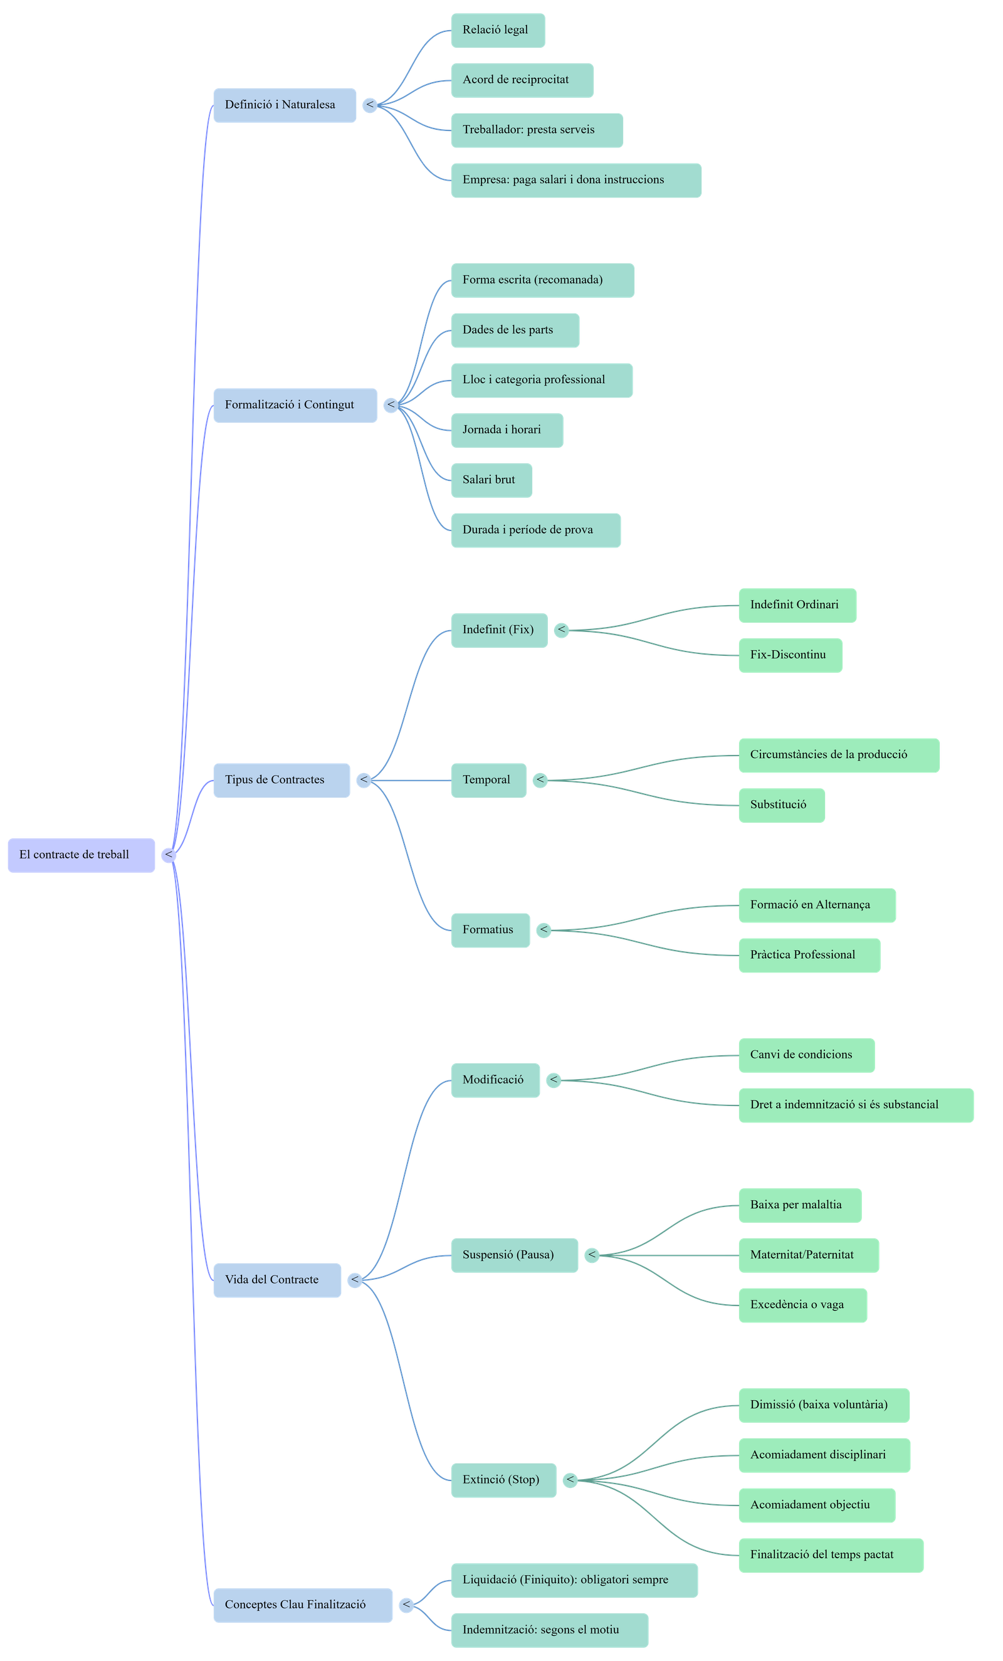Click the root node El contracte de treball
[81, 855]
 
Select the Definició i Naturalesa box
[285, 105]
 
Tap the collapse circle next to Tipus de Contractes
[364, 780]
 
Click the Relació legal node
[498, 30]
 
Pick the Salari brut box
[491, 480]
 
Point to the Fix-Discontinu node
[790, 655]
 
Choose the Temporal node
[488, 780]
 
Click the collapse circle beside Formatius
[544, 931]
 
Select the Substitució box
[781, 805]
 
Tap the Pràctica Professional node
[809, 955]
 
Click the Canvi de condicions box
[806, 1055]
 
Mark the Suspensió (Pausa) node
[513, 1255]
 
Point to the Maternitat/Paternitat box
[808, 1255]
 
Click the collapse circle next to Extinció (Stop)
[570, 1480]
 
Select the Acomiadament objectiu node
[816, 1505]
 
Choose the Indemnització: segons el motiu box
[549, 1630]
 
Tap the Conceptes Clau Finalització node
[303, 1605]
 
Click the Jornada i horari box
[507, 430]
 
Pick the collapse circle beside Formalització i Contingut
[391, 405]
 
